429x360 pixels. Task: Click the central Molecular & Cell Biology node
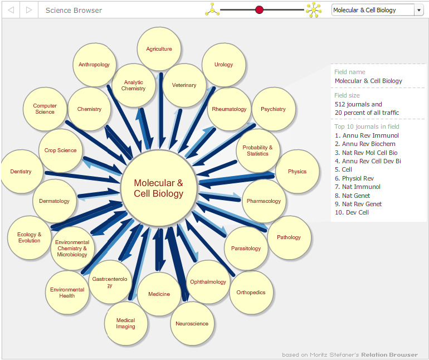tap(159, 188)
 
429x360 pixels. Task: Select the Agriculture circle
tap(159, 48)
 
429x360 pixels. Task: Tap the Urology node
tap(224, 65)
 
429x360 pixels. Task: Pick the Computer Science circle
tap(45, 109)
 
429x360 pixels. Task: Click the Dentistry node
tap(21, 172)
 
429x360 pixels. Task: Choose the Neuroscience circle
tap(192, 324)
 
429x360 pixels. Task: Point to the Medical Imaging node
tap(126, 323)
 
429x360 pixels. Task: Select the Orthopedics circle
tap(251, 293)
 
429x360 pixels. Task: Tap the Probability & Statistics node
tap(258, 150)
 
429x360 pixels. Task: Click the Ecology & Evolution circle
tap(30, 237)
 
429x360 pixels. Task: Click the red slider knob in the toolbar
tap(259, 10)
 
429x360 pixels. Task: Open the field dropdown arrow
tap(418, 10)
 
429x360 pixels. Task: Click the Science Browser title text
tap(74, 11)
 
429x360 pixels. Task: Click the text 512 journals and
tap(358, 104)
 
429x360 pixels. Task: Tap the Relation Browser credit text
tap(389, 355)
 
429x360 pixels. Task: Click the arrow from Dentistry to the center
tap(82, 177)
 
